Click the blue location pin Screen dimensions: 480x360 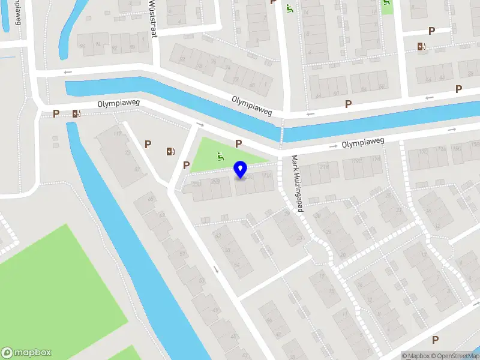point(241,170)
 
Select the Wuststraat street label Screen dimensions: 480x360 point(152,18)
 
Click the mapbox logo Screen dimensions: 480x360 point(26,353)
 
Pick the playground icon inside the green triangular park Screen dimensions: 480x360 point(220,157)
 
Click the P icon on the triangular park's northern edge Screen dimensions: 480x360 point(239,143)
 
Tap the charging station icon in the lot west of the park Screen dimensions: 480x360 point(171,151)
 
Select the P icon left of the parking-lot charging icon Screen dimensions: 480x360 point(148,144)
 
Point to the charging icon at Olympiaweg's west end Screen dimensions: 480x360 point(76,113)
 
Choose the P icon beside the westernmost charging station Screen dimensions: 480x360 point(56,113)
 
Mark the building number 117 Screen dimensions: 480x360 point(118,133)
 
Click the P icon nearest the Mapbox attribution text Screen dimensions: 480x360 point(435,340)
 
